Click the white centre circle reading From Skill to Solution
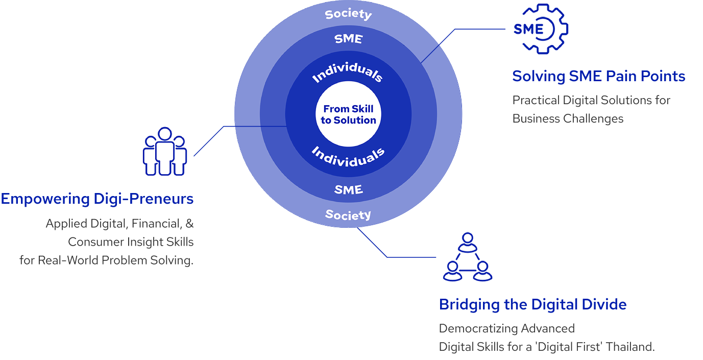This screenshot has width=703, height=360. coord(348,115)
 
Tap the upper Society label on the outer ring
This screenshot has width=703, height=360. coord(348,14)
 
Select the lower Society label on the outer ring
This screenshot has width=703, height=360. coord(348,214)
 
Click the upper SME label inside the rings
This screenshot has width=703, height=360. coord(348,38)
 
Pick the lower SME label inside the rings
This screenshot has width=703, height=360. coord(348,189)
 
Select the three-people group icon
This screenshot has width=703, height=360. coord(164,152)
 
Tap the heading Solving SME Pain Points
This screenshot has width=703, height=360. coord(598,77)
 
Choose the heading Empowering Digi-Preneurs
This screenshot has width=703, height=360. coord(97,199)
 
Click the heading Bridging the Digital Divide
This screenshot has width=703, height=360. coord(532,305)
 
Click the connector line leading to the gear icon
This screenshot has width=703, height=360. coord(459,29)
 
